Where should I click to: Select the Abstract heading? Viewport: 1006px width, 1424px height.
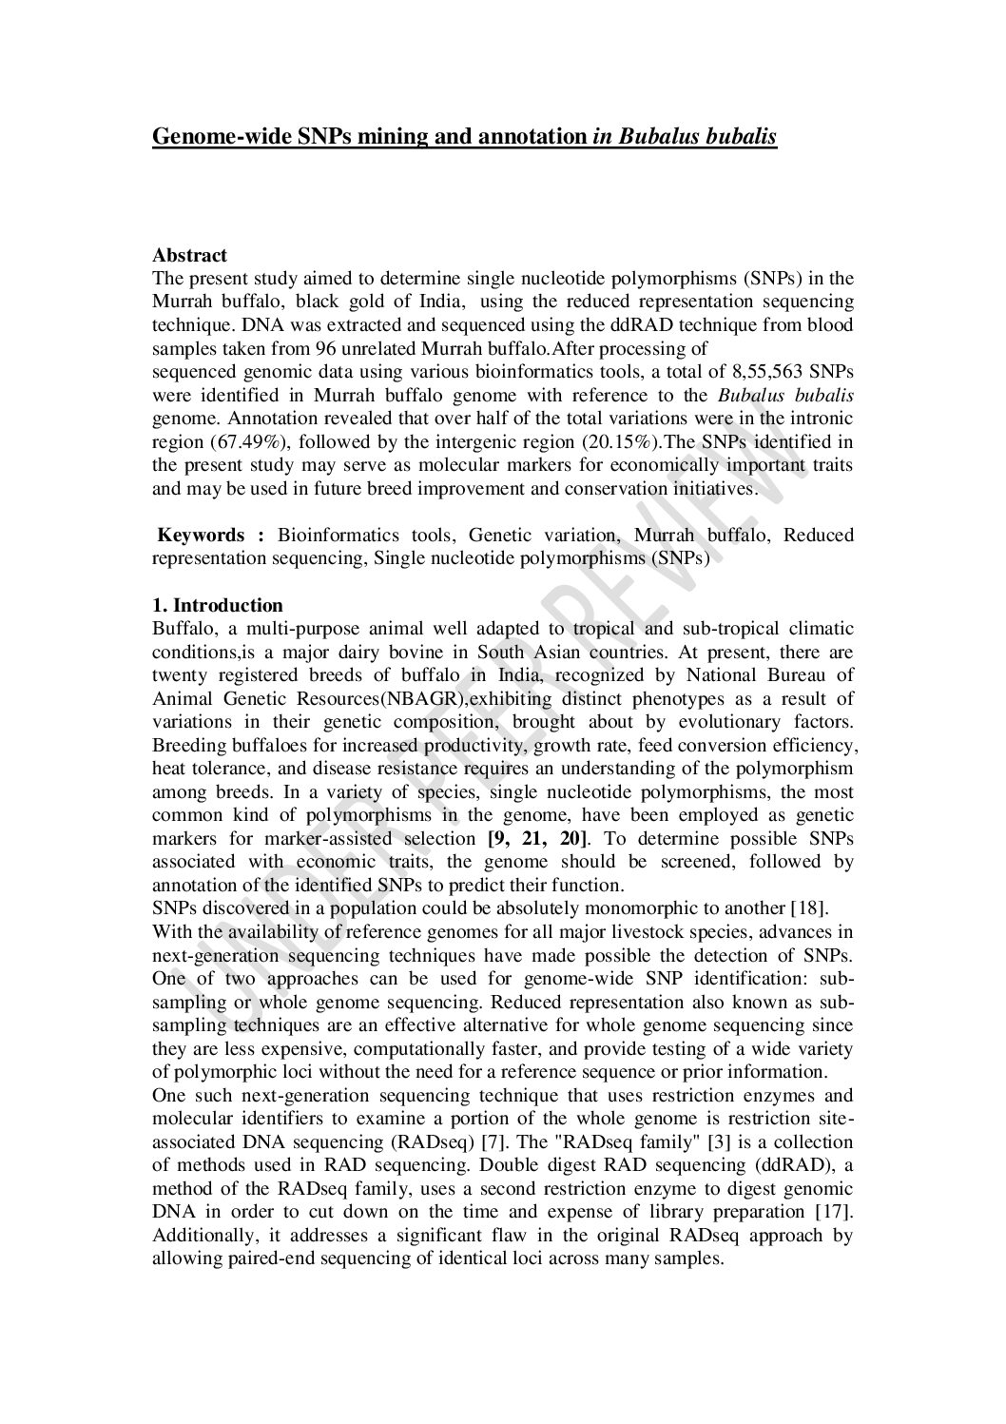pyautogui.click(x=189, y=255)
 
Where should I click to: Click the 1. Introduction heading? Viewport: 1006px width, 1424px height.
pyautogui.click(x=218, y=606)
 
